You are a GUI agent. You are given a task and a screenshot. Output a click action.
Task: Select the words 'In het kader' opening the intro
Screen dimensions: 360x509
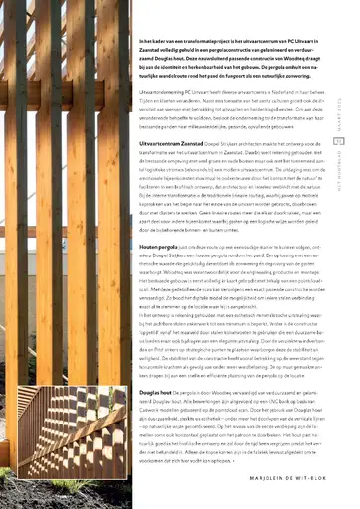point(150,12)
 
